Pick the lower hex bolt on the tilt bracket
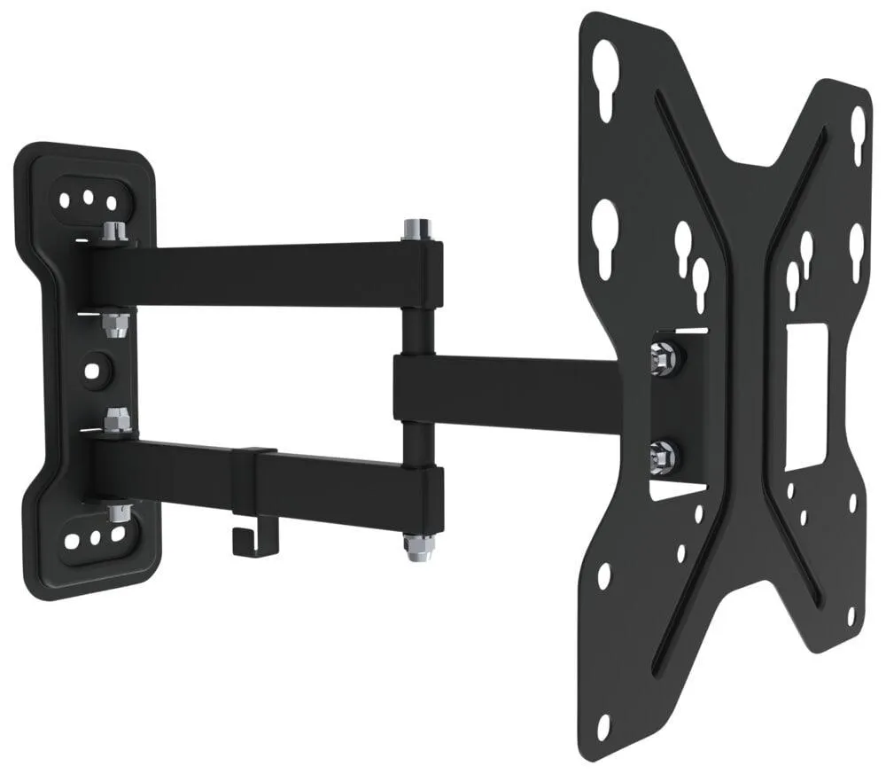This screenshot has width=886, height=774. pyautogui.click(x=662, y=457)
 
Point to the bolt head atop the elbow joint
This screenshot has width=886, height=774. pyautogui.click(x=413, y=228)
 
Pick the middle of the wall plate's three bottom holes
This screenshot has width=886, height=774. pyautogui.click(x=95, y=537)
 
